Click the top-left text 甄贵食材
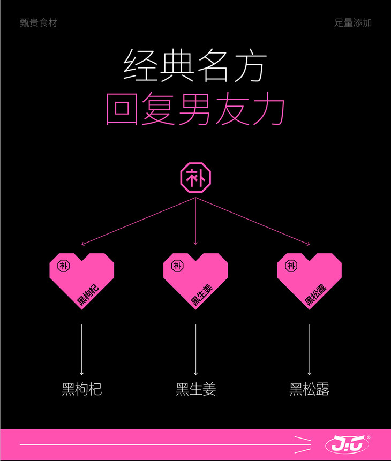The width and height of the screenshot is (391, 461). (38, 23)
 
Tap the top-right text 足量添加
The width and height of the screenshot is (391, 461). (352, 23)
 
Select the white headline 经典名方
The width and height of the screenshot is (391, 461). (195, 67)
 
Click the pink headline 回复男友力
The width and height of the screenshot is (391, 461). (195, 110)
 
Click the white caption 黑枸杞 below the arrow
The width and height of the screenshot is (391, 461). (82, 389)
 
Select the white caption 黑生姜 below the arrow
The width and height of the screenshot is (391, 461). (195, 389)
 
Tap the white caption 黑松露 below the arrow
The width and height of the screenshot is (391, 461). (309, 389)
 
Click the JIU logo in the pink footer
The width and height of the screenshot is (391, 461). (348, 445)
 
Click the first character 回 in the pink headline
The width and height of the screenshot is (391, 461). (122, 110)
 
